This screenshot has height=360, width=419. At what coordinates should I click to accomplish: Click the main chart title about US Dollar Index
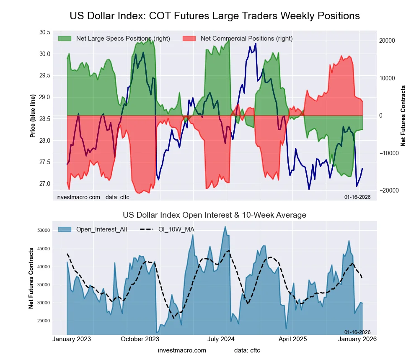pyautogui.click(x=215, y=16)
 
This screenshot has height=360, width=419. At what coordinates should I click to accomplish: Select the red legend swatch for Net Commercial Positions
pyautogui.click(x=189, y=39)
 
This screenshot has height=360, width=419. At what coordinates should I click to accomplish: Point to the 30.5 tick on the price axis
pyautogui.click(x=44, y=33)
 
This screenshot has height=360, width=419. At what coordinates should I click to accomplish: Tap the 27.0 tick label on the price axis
pyautogui.click(x=44, y=184)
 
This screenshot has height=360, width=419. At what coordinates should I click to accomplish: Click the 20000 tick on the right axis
pyautogui.click(x=387, y=41)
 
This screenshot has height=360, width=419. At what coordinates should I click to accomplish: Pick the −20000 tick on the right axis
pyautogui.click(x=386, y=190)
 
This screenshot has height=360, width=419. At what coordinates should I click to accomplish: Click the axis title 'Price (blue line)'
pyautogui.click(x=33, y=115)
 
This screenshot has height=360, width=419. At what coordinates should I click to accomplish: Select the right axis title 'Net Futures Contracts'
pyautogui.click(x=403, y=116)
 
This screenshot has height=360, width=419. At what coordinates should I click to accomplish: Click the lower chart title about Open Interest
pyautogui.click(x=215, y=215)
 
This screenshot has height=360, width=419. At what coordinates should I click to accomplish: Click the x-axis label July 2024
pyautogui.click(x=221, y=339)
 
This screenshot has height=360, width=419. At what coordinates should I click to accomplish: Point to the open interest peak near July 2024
pyautogui.click(x=225, y=227)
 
